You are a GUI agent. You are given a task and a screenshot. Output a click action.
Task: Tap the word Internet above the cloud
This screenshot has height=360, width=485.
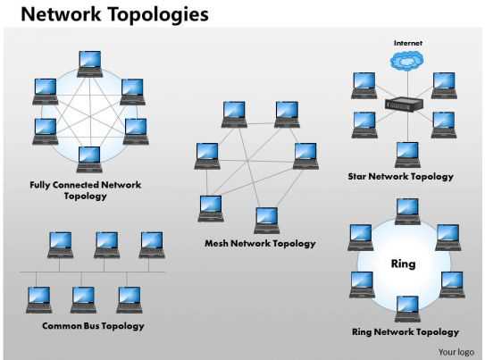[x=407, y=42]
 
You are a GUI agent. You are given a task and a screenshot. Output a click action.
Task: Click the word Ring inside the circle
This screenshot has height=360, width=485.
[x=404, y=264]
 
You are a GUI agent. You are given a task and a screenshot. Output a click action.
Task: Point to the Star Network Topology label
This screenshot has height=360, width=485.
[x=400, y=177]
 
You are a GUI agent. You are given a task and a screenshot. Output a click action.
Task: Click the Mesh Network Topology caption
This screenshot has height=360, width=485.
[x=260, y=243]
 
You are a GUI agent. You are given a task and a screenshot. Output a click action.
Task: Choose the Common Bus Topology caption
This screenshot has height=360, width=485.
[x=93, y=326]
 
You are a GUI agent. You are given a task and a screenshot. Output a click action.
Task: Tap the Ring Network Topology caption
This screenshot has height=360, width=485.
[x=406, y=331]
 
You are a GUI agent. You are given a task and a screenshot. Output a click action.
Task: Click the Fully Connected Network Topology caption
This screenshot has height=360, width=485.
[x=86, y=190]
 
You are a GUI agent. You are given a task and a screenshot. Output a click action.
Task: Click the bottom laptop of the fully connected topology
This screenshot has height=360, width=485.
[x=88, y=157]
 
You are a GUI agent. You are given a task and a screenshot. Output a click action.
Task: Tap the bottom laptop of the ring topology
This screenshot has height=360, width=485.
[x=407, y=307]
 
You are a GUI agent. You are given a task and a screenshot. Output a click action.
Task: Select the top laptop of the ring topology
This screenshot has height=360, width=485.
[x=407, y=211]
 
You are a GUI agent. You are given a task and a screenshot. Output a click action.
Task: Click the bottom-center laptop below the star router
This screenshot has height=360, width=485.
[x=407, y=153]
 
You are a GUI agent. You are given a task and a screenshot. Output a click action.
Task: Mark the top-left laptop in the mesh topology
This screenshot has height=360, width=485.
[x=234, y=114]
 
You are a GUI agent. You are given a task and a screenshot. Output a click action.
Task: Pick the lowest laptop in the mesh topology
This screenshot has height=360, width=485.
[x=266, y=219]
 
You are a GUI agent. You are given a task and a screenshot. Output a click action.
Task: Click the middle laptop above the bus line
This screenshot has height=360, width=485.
[x=106, y=243]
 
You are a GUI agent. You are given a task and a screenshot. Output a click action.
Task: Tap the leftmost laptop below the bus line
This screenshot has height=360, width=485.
[x=39, y=298]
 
